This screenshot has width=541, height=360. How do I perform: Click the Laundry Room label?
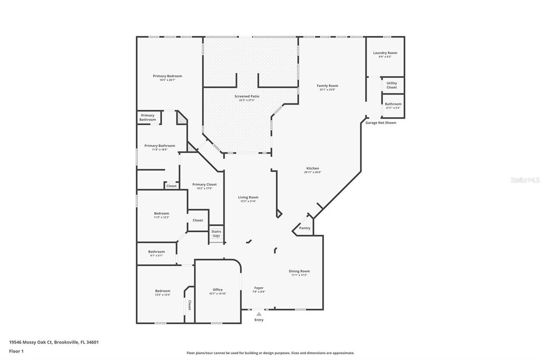(x=385, y=53)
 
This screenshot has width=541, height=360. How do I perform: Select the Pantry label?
(x=305, y=228)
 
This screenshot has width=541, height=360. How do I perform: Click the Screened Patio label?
(x=247, y=96)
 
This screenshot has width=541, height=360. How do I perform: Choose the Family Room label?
(x=327, y=86)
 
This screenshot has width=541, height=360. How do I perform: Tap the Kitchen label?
(x=312, y=168)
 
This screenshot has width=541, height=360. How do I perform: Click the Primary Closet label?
(x=204, y=185)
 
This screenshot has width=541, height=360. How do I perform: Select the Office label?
(x=218, y=289)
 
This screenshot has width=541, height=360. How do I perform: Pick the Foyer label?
(x=258, y=288)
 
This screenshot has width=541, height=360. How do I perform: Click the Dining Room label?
(x=299, y=271)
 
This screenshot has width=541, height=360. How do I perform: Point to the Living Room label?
(x=248, y=197)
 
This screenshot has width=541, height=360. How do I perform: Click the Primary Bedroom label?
(x=167, y=76)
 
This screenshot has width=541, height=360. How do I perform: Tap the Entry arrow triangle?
(x=259, y=314)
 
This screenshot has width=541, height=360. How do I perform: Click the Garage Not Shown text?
(x=380, y=122)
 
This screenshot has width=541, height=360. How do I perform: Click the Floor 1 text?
(x=17, y=350)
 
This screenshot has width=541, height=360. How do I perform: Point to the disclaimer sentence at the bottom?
(x=270, y=353)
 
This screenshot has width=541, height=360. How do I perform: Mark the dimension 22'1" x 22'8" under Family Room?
(x=327, y=90)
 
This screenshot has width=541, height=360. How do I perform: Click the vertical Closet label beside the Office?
(x=190, y=305)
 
